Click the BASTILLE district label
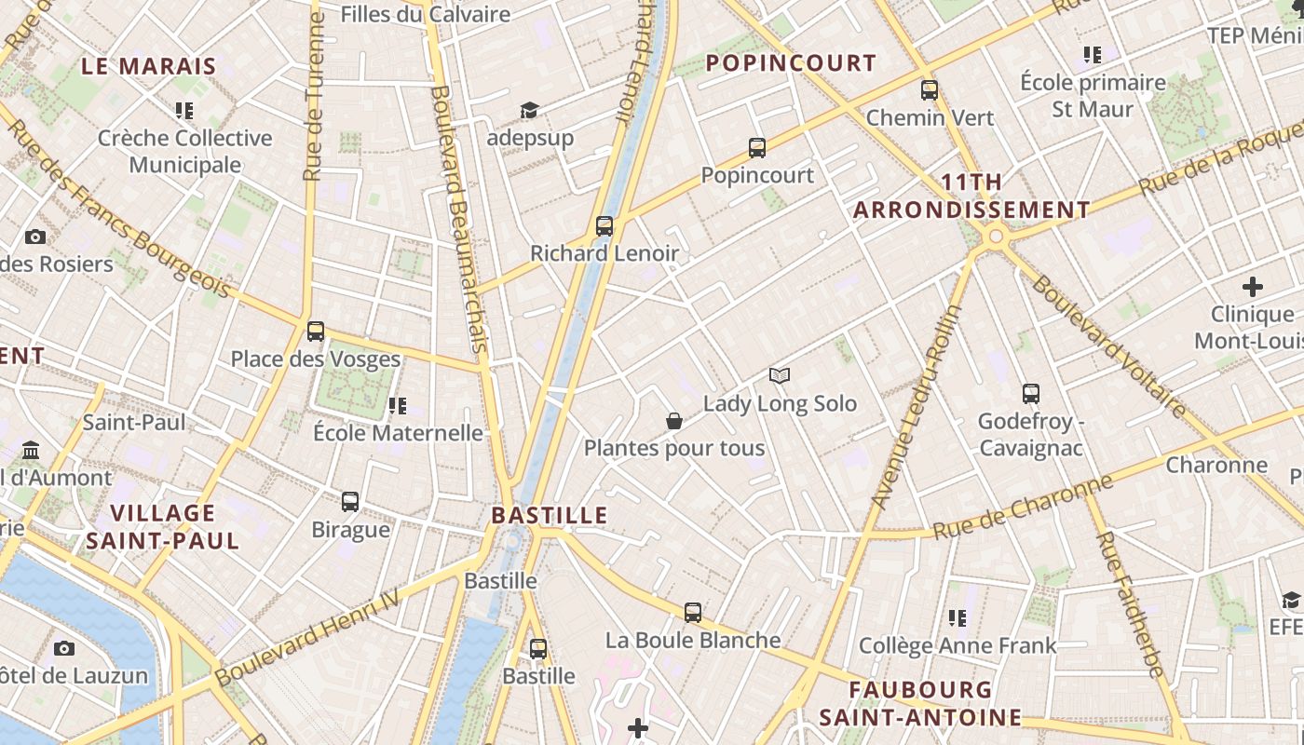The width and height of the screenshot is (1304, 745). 550,515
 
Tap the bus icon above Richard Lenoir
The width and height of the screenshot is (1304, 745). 604,225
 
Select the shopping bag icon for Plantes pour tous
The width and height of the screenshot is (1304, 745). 674,421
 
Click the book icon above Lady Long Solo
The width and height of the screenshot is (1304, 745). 780,375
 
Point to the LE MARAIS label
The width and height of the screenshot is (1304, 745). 149,66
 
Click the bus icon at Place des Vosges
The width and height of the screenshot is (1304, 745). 316,331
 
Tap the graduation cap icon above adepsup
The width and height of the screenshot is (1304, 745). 529,111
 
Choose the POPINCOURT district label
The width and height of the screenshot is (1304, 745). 792,63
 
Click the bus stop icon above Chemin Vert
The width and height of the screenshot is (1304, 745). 930,90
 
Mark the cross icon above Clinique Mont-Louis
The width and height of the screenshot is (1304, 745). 1253,286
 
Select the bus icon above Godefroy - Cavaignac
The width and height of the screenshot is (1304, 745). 1030,393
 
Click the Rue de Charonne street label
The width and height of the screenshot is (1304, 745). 1023,508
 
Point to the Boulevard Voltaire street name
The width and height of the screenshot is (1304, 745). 1108,345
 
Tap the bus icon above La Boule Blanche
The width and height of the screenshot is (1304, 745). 693,612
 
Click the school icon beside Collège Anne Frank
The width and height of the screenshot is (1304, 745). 958,617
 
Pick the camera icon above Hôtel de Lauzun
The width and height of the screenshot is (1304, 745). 64,648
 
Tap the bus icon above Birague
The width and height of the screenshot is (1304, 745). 350,501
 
